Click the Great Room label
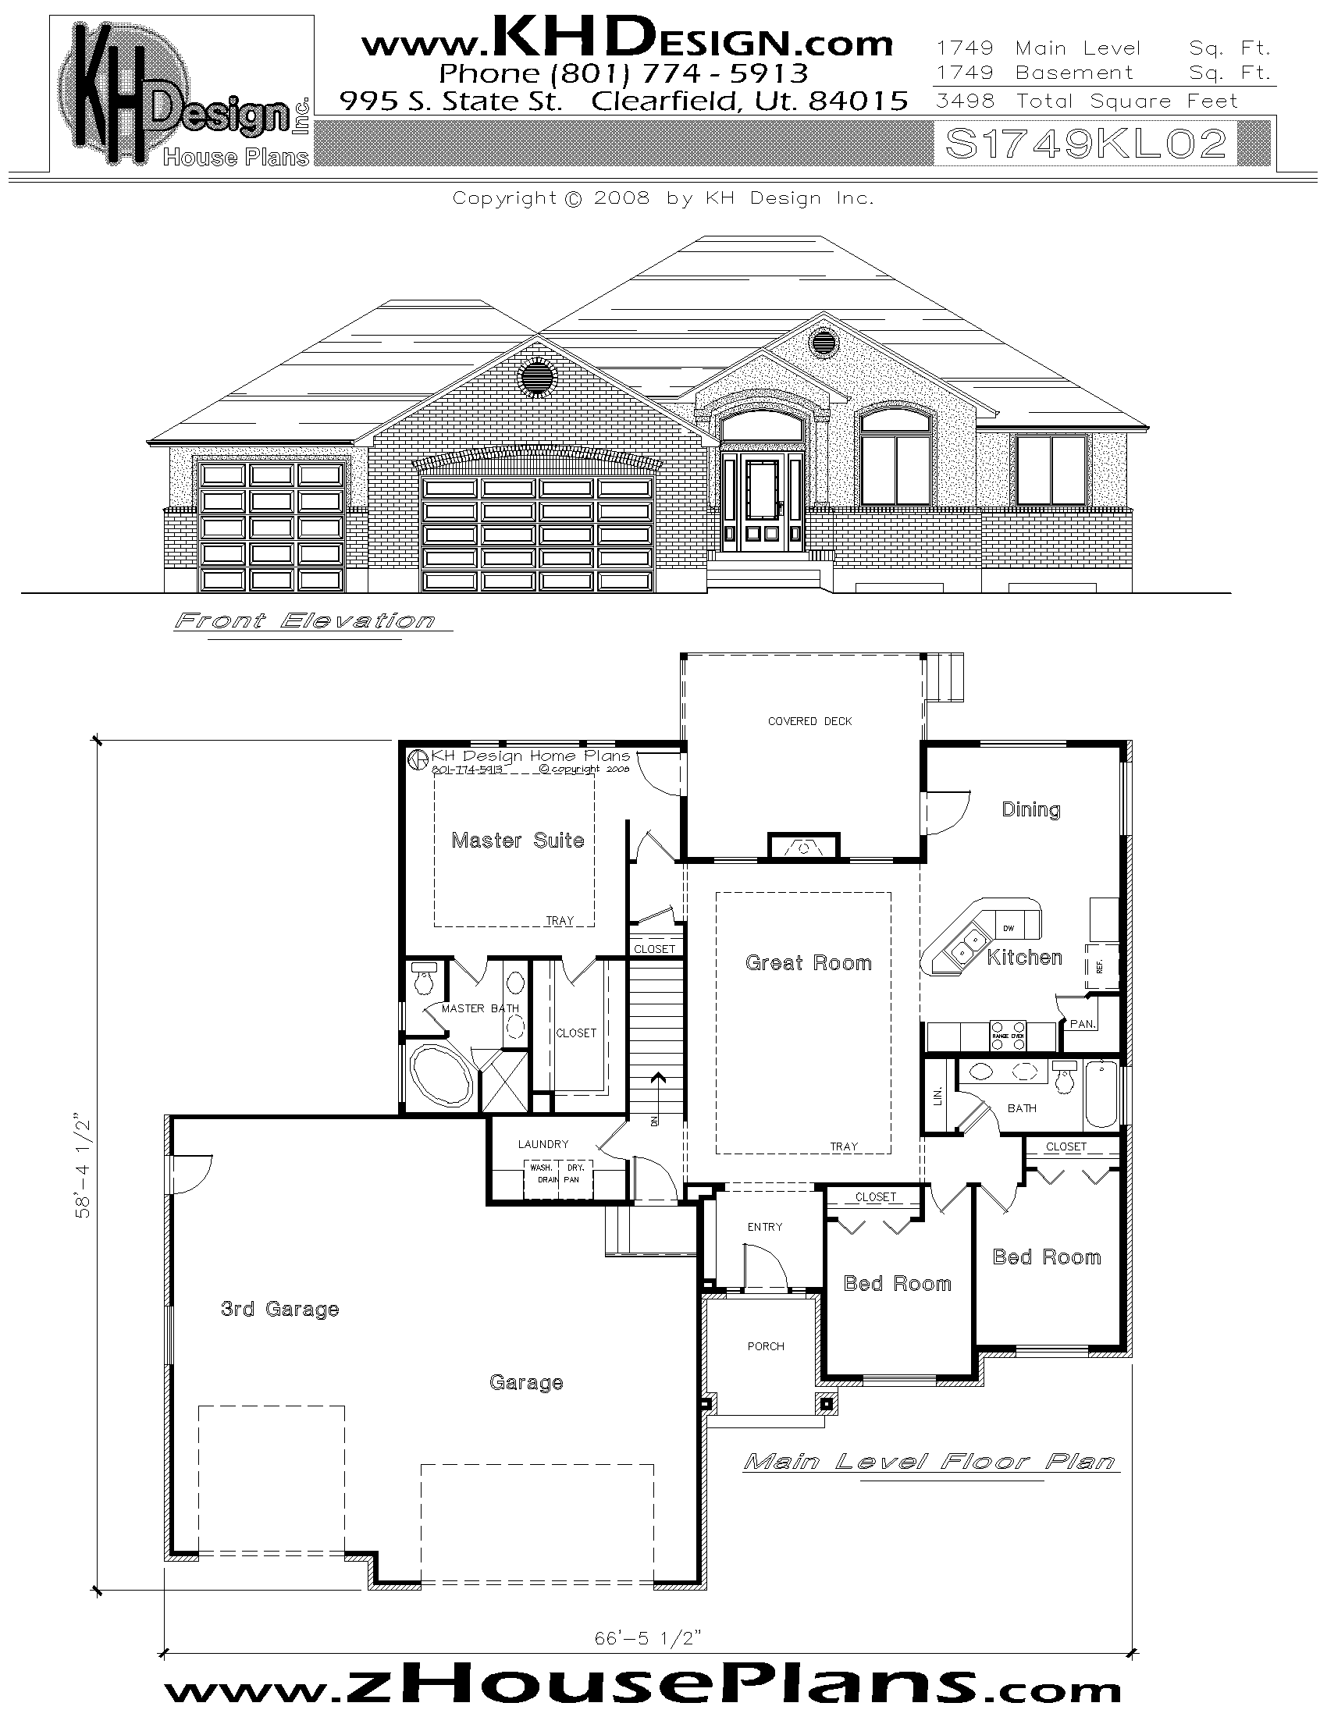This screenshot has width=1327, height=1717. tap(808, 963)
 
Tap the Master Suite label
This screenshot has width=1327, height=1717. tap(518, 841)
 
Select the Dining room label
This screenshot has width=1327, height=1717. tap(1030, 810)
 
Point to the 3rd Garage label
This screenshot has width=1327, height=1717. tap(280, 1309)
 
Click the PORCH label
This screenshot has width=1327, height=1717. tap(766, 1346)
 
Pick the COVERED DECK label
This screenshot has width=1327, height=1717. tap(809, 721)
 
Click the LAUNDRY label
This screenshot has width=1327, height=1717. tap(543, 1144)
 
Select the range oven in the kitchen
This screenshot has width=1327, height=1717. tap(1008, 1031)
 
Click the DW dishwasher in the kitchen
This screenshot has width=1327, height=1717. tap(1009, 929)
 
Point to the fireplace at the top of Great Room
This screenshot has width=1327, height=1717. tap(803, 847)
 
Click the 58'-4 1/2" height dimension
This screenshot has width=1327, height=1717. tap(84, 1164)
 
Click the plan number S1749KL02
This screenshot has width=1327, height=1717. tap(1086, 144)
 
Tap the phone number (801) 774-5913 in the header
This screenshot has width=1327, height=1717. tap(624, 74)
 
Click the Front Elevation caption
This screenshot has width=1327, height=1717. tap(304, 621)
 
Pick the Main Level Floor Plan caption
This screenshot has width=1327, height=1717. tap(930, 1463)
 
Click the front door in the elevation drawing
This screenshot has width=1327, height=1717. tap(762, 501)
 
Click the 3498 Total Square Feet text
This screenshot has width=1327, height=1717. tap(1087, 101)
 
